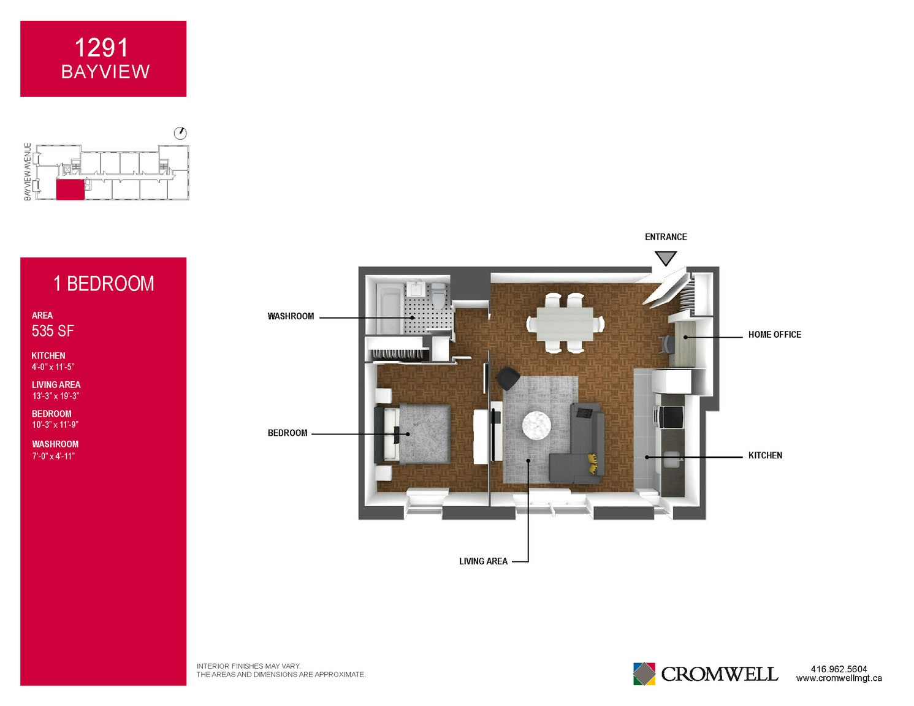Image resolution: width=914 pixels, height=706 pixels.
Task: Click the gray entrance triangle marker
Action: coord(665,257)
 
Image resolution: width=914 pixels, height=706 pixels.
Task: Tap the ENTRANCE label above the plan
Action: coord(666,237)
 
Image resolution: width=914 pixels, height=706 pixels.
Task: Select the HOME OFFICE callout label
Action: coord(774,335)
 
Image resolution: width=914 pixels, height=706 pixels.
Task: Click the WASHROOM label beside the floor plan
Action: coord(291,316)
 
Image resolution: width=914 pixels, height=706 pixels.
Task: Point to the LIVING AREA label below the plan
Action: coord(483,561)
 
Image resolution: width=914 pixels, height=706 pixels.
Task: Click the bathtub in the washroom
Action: coord(389,308)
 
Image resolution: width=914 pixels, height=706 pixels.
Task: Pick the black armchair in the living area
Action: coord(508,378)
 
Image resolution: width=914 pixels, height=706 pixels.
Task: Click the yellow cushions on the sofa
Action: coord(592,463)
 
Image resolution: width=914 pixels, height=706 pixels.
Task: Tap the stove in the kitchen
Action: coord(671,416)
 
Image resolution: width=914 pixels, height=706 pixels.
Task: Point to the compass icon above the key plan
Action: coord(180,134)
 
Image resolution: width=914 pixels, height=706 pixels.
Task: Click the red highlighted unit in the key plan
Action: coord(70,190)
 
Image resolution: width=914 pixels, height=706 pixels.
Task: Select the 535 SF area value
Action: coord(53,331)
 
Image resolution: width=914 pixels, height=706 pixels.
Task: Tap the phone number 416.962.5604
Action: coord(839,669)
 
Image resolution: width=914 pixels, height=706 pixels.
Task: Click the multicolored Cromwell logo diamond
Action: coord(644,674)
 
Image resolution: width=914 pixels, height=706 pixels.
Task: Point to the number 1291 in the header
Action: coord(101,48)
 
